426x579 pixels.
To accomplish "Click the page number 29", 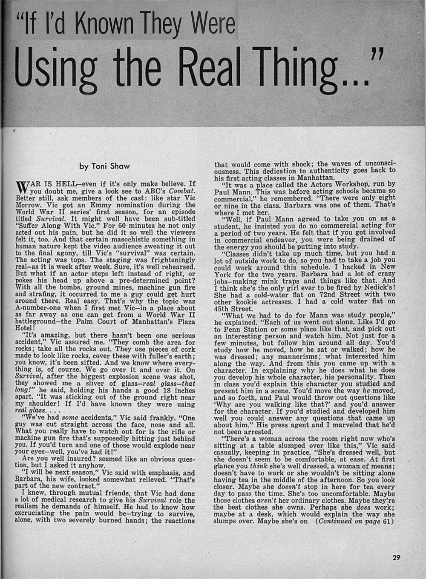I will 396,558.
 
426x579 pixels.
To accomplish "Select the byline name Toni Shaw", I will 111,166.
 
